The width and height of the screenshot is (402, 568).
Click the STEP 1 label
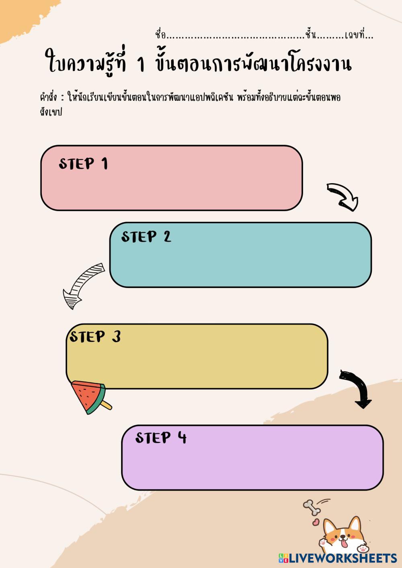pyautogui.click(x=83, y=163)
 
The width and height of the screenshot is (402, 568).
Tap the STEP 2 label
pyautogui.click(x=146, y=237)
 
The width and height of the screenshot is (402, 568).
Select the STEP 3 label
pyautogui.click(x=95, y=337)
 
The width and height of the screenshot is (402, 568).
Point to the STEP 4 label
pyautogui.click(x=161, y=437)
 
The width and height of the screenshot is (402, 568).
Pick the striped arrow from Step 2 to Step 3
pyautogui.click(x=82, y=286)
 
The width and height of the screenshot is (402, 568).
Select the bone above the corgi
pyautogui.click(x=312, y=507)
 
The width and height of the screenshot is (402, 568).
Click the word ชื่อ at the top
pyautogui.click(x=160, y=35)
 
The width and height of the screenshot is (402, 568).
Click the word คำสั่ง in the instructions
pyautogui.click(x=49, y=98)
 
